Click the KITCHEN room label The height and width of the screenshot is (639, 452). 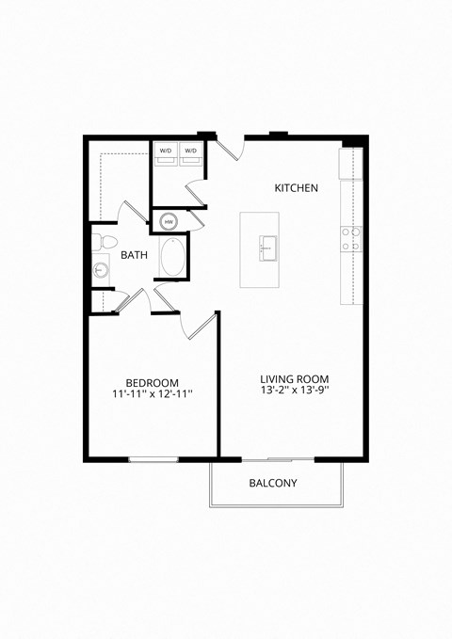pyautogui.click(x=296, y=188)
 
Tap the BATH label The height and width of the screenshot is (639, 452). pyautogui.click(x=134, y=254)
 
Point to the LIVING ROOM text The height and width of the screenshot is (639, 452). pyautogui.click(x=294, y=379)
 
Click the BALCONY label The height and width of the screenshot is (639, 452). pyautogui.click(x=273, y=484)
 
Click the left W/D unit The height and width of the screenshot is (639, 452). pyautogui.click(x=166, y=153)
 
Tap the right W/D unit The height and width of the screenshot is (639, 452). pyautogui.click(x=192, y=153)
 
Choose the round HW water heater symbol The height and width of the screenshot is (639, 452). pyautogui.click(x=169, y=222)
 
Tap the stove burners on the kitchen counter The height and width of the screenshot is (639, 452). pyautogui.click(x=350, y=239)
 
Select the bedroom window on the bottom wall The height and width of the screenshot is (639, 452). pyautogui.click(x=153, y=459)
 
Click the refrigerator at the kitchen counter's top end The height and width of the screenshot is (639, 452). pyautogui.click(x=351, y=161)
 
